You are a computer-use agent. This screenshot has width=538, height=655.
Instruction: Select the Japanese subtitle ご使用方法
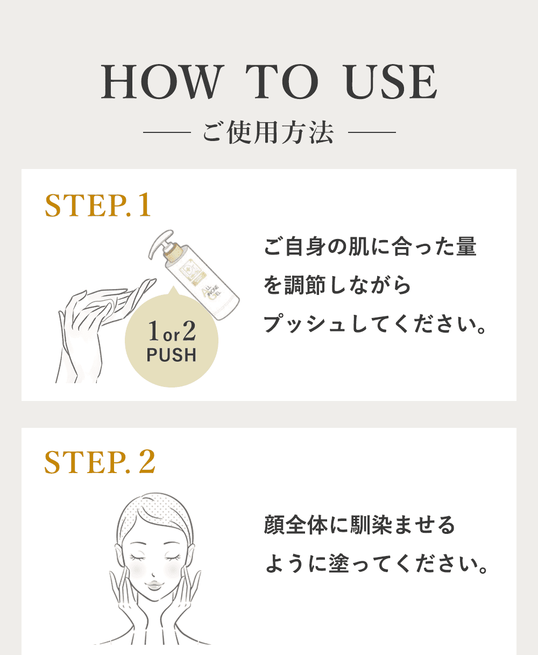pos(268,132)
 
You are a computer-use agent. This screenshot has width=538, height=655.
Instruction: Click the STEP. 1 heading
pos(98,205)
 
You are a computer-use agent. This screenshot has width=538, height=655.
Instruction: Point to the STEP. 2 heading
pos(100,462)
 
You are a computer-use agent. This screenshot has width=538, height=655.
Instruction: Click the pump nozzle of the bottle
pos(160,243)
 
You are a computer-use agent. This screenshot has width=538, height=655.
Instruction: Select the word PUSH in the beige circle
pos(172,355)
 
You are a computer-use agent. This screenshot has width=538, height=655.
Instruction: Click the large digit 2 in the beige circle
pos(189,331)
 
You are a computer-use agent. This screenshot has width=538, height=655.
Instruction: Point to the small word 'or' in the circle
pos(172,335)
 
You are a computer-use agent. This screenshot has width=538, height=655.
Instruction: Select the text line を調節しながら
pos(337,285)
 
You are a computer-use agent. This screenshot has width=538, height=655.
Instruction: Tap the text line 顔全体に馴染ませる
pos(359,525)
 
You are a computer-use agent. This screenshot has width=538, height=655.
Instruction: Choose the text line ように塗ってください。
pos(376,564)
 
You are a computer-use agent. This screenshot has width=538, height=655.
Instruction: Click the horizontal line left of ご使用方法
pos(167,132)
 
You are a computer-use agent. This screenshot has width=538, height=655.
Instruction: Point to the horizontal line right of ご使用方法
pos(372,132)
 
